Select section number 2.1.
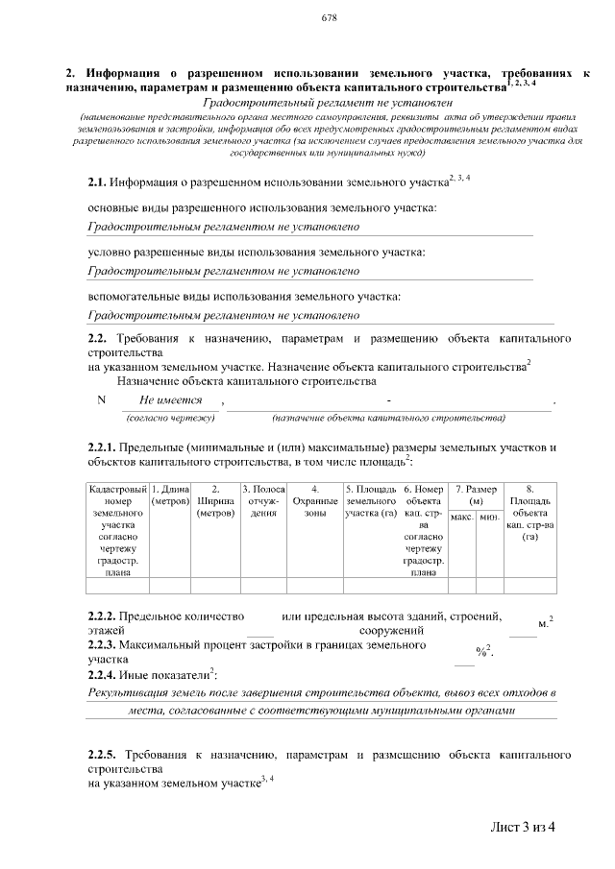click(96, 181)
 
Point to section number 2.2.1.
click(102, 447)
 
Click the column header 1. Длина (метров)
click(171, 496)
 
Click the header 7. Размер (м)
click(475, 496)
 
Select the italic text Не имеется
click(171, 400)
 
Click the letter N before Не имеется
click(102, 400)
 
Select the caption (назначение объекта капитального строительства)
click(388, 419)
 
